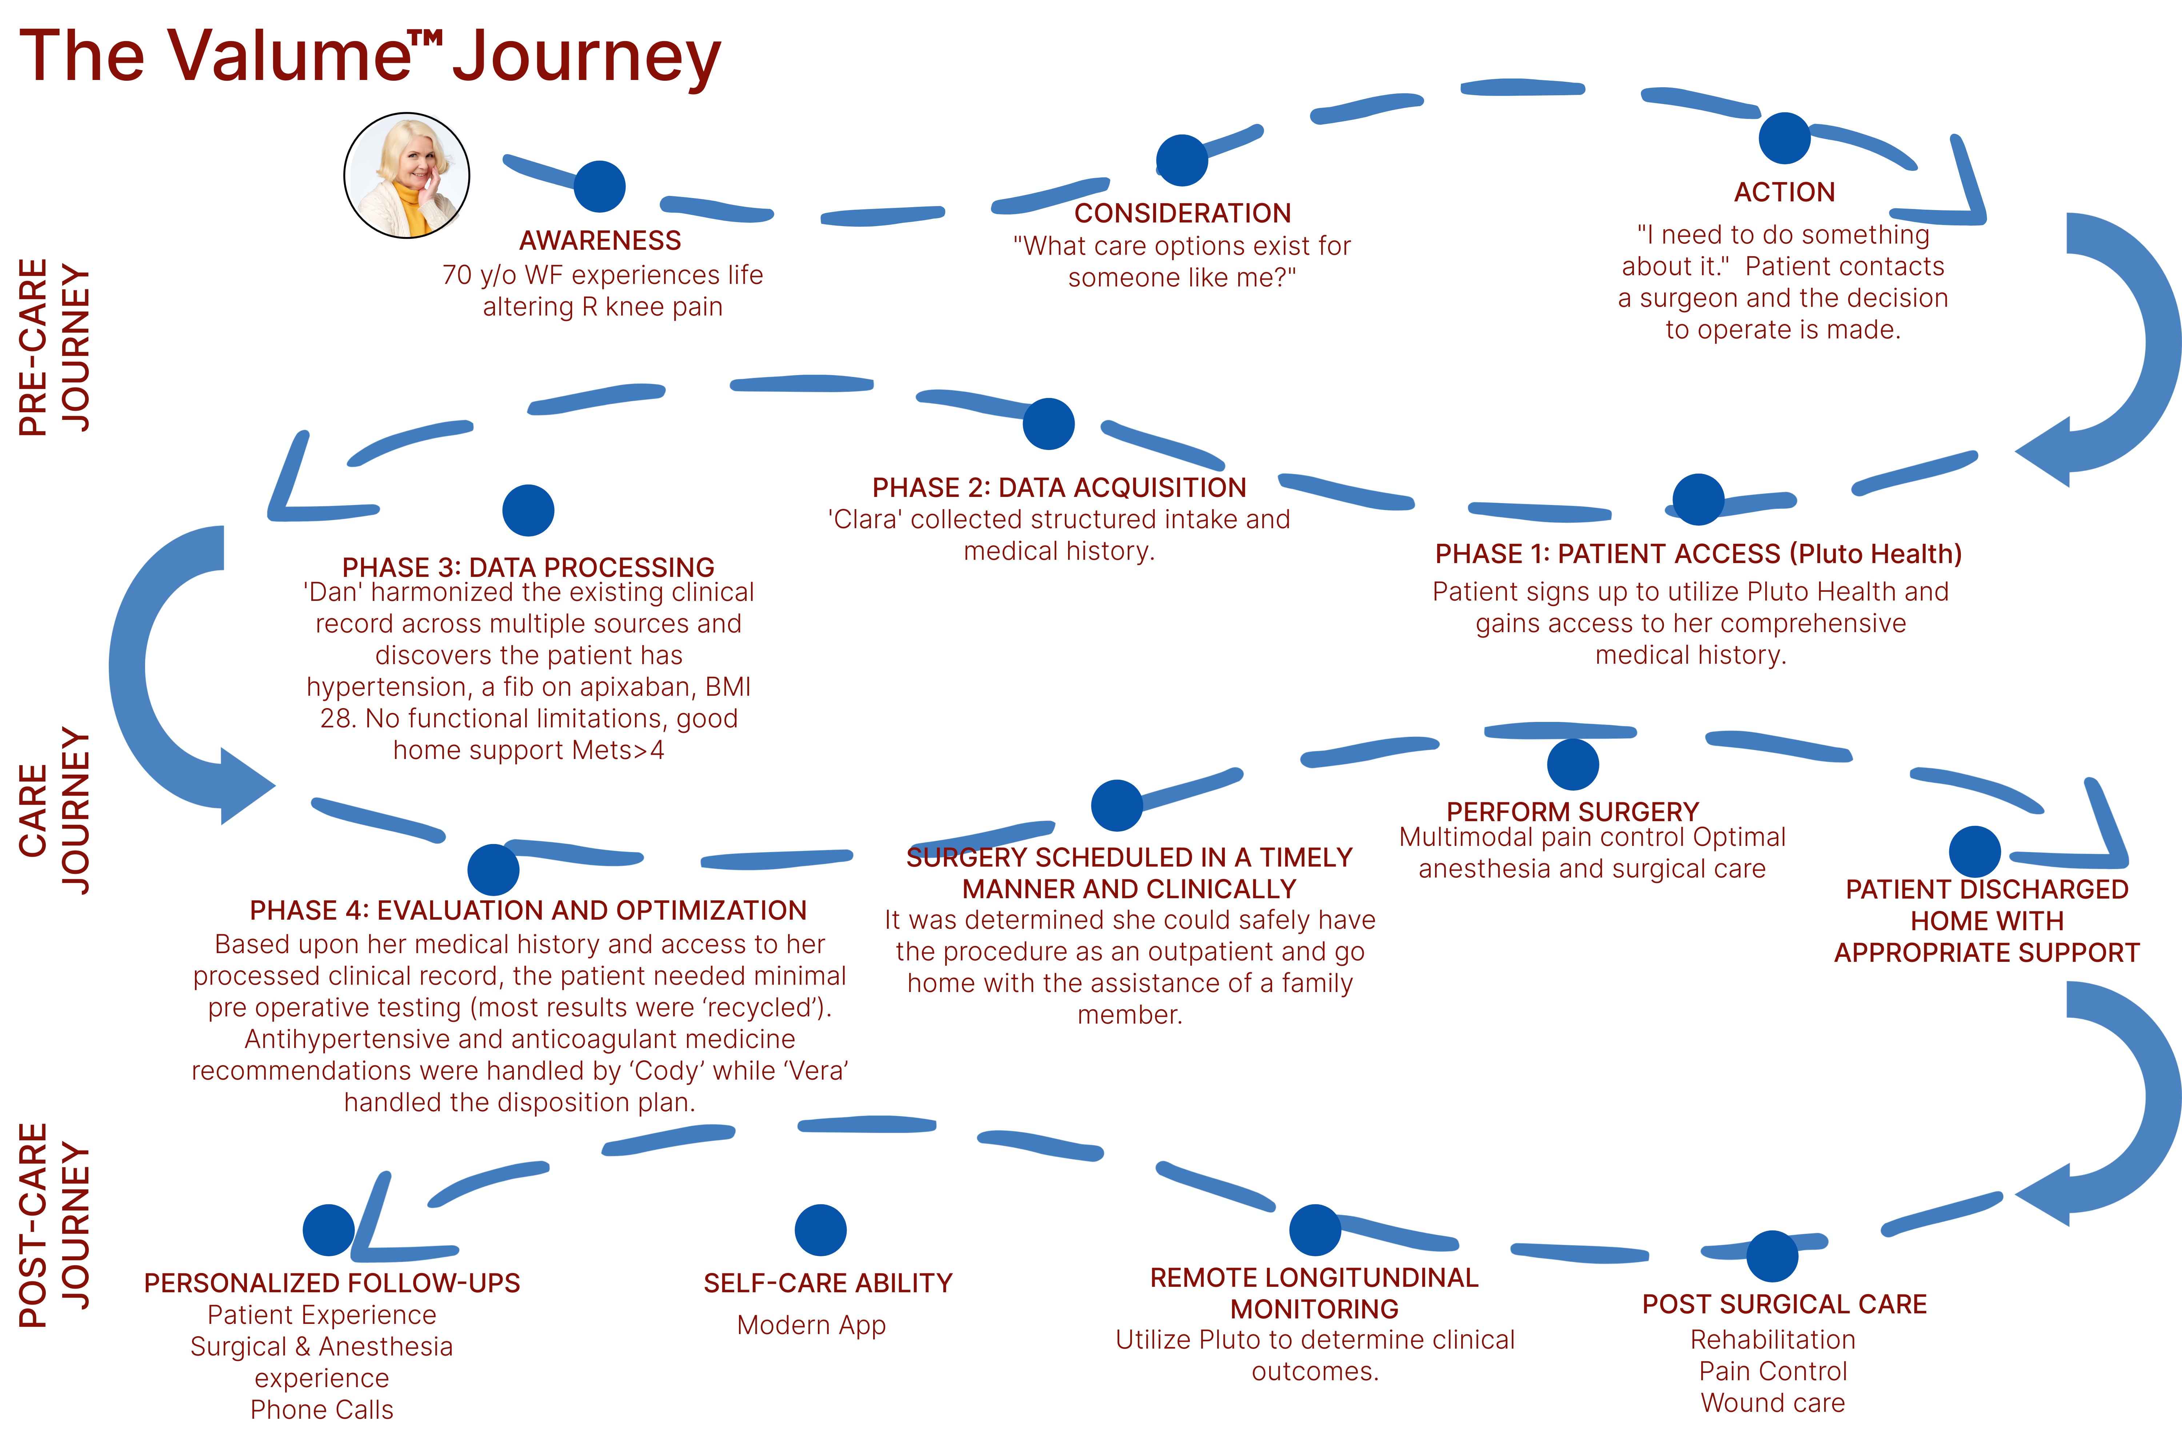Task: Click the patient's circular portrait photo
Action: click(406, 175)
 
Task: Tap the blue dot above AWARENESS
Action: click(599, 186)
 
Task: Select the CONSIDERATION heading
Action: click(1182, 213)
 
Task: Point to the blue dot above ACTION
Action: click(1784, 138)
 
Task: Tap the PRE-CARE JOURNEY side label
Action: click(54, 347)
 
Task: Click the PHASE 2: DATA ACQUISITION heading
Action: click(1059, 488)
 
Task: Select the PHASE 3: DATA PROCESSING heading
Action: click(528, 567)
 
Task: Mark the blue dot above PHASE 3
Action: click(528, 510)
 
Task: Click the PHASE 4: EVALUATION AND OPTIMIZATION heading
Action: click(528, 911)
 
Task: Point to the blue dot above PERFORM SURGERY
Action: click(1572, 764)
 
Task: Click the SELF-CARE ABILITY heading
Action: click(828, 1284)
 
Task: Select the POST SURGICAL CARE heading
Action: click(1784, 1305)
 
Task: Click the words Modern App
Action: click(811, 1325)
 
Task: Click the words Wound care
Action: click(1772, 1403)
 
